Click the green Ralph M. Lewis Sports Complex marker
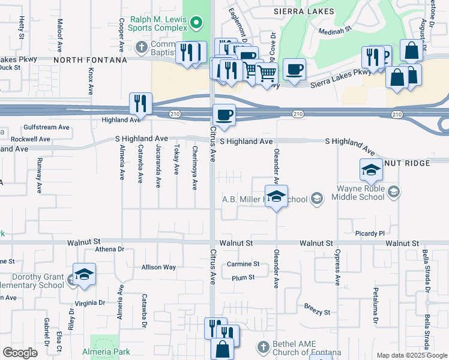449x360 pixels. [196, 24]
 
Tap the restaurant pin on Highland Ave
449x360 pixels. [140, 103]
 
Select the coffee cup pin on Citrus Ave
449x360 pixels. [224, 115]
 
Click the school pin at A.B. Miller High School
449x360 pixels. [276, 196]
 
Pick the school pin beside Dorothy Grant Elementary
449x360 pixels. [84, 274]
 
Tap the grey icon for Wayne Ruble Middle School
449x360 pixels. [394, 192]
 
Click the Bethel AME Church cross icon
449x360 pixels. [262, 346]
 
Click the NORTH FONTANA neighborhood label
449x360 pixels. [90, 60]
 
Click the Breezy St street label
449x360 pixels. [318, 313]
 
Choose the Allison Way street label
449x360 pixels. [158, 267]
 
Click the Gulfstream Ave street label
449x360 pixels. [47, 127]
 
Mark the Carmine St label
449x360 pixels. [243, 264]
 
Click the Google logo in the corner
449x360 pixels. [20, 353]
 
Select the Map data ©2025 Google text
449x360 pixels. [412, 356]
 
